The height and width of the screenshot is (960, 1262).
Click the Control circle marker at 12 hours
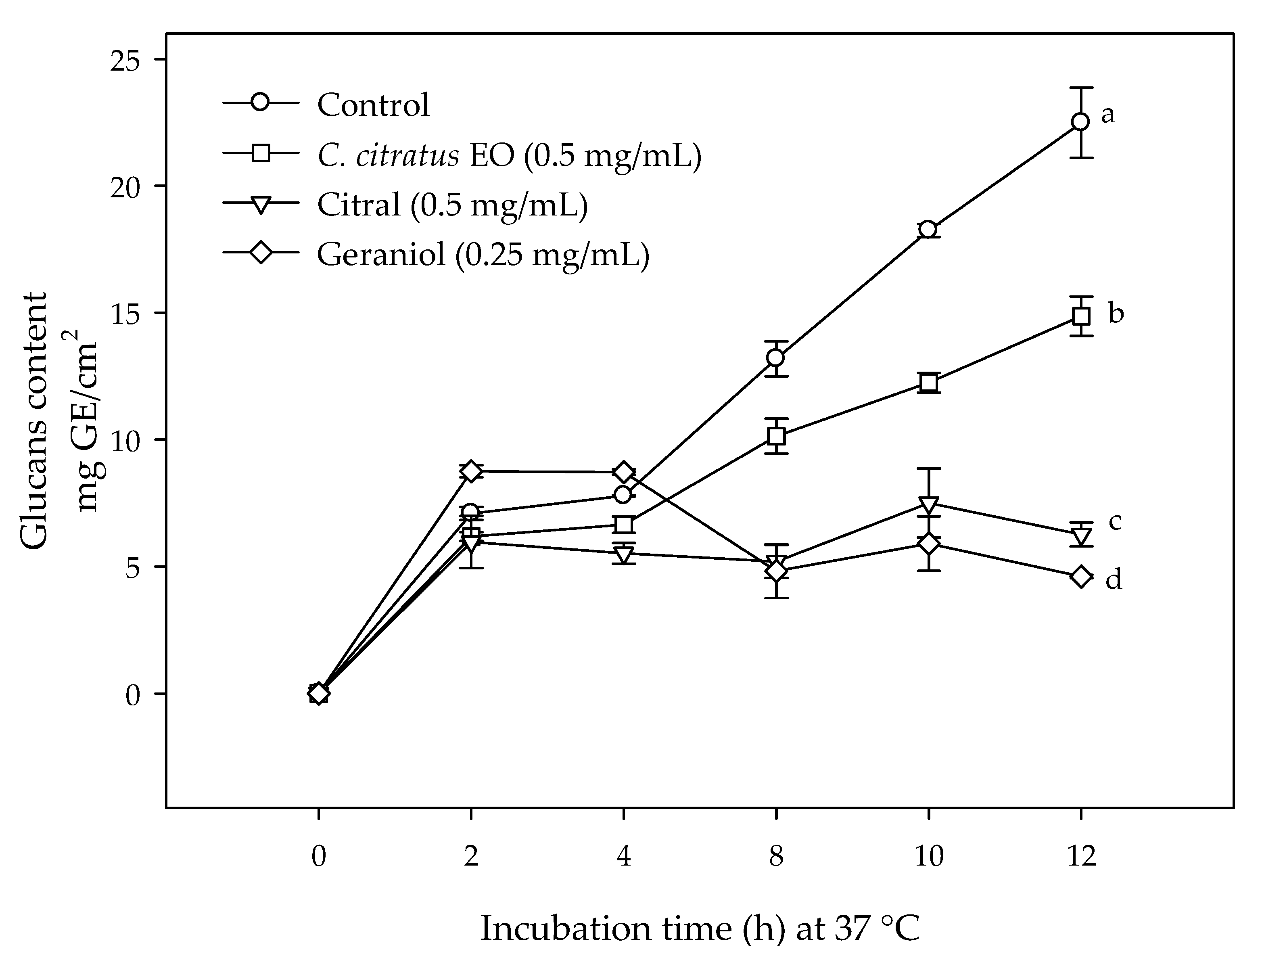point(1080,122)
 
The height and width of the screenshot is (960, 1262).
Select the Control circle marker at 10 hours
point(928,229)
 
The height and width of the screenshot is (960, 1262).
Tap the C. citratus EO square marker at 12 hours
point(1080,316)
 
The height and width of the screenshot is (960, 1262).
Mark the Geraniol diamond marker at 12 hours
point(1080,577)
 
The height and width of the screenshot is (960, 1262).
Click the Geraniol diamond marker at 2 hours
point(471,471)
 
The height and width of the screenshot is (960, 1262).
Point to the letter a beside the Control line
point(1108,114)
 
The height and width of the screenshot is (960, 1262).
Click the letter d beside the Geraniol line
point(1114,579)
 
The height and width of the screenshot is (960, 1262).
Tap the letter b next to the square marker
point(1116,313)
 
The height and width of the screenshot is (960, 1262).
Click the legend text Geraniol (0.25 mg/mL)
point(483,254)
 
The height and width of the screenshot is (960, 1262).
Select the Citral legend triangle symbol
point(261,205)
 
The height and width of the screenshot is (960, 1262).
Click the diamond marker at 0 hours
point(318,694)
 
